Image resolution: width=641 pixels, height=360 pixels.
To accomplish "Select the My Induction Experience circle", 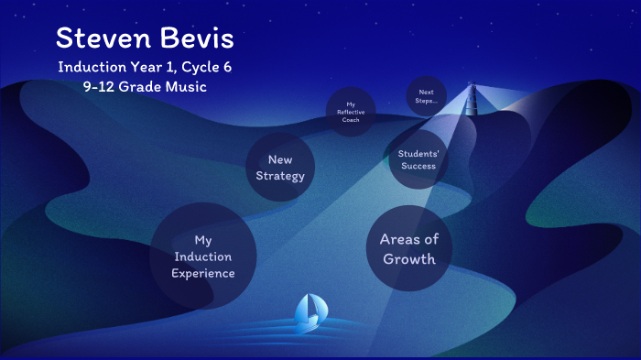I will point(202,256).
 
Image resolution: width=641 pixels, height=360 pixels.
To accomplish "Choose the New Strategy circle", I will point(280,168).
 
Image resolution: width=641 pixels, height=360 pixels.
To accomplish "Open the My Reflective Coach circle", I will point(351,112).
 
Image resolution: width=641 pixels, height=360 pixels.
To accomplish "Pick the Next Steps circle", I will point(426,96).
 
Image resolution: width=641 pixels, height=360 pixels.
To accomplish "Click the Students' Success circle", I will point(418,159).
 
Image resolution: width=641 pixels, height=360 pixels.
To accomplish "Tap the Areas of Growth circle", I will point(409,248).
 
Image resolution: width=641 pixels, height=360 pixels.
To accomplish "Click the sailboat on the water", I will point(308,312).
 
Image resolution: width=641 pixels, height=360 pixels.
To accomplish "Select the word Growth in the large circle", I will point(409,258).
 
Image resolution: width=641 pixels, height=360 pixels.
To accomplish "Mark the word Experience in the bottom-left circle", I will point(202,273).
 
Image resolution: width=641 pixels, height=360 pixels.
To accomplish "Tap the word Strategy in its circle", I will point(280,176).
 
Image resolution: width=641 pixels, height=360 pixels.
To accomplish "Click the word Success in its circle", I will point(418,166).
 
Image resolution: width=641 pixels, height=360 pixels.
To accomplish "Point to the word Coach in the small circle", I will point(351,119).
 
